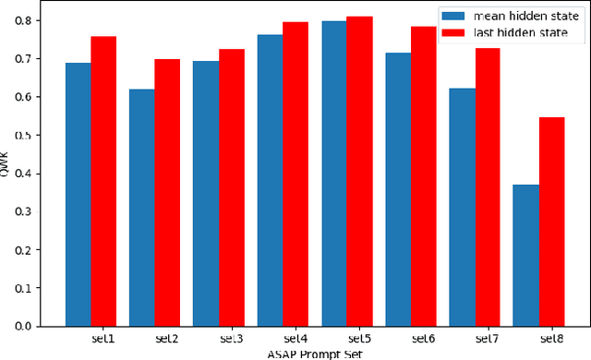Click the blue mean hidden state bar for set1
[x=78, y=194]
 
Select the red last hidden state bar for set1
[x=103, y=181]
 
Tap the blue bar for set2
[x=142, y=208]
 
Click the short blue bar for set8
[x=525, y=255]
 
